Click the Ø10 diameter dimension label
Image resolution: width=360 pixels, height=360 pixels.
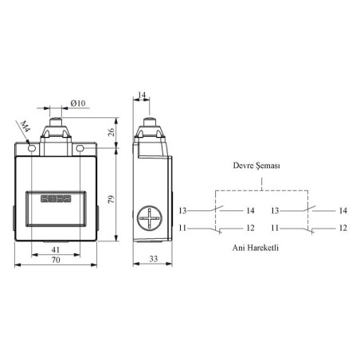pos(78,103)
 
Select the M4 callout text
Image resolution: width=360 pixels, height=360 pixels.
pos(25,126)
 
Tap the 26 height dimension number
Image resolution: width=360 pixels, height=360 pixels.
pos(112,132)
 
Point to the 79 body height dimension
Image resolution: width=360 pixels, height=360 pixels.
pos(112,199)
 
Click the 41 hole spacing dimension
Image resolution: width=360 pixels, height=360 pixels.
pos(56,249)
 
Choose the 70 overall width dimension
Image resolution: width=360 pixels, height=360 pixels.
pos(56,260)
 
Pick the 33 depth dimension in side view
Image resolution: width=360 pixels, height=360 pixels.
pos(153,259)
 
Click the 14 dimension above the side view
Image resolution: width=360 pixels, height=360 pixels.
pos(142,95)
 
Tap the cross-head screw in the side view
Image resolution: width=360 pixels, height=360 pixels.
pos(150,218)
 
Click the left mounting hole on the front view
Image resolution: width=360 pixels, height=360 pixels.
pos(32,148)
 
